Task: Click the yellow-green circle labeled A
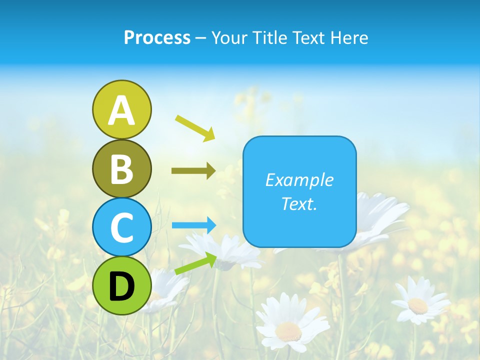tap(121, 109)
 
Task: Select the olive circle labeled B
tap(121, 168)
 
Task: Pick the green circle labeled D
tap(121, 285)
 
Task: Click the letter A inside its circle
tap(121, 110)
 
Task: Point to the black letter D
tap(121, 286)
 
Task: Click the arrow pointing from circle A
tap(195, 127)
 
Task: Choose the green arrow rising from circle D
tap(195, 263)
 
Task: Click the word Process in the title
tap(157, 38)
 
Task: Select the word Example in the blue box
tap(299, 180)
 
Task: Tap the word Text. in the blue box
tap(299, 203)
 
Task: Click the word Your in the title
tap(229, 38)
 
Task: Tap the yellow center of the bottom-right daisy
tap(417, 305)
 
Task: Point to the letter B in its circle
tap(121, 169)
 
